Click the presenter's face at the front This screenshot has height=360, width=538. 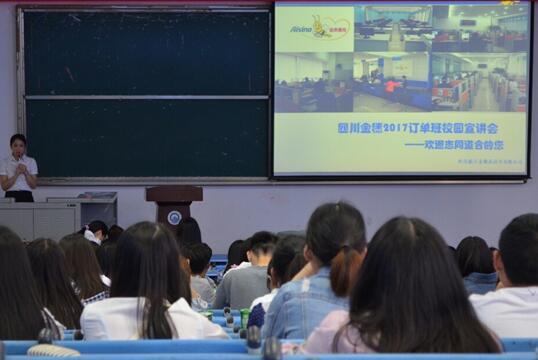[18, 145]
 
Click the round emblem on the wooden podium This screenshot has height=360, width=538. [174, 217]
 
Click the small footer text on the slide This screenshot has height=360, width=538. [490, 162]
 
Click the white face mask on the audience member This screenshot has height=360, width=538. [92, 238]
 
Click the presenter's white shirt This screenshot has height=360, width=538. [18, 172]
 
